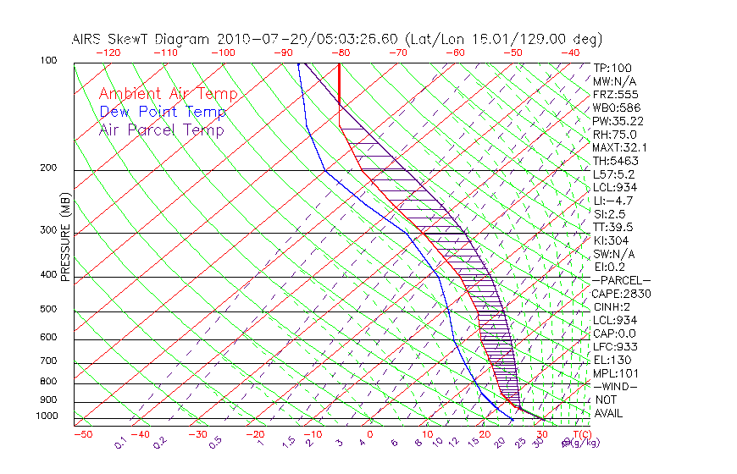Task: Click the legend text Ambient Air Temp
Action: click(168, 94)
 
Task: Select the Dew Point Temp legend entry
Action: click(162, 112)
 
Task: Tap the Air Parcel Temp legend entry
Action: click(161, 130)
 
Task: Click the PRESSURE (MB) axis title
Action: click(66, 238)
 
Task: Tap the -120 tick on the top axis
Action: click(108, 52)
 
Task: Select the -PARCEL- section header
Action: click(621, 280)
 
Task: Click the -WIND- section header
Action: click(616, 386)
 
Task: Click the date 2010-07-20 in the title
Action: click(255, 39)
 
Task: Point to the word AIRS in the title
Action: click(89, 39)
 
